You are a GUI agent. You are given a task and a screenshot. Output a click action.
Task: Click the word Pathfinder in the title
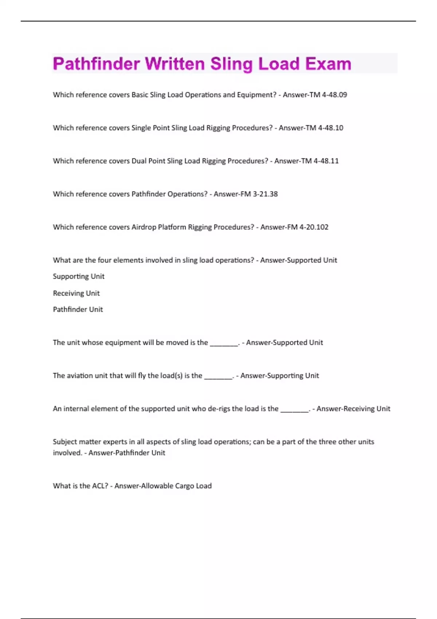[x=97, y=64]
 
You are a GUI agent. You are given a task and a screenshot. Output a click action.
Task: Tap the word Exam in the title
[x=328, y=64]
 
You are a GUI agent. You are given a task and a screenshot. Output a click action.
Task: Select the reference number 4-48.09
[x=334, y=95]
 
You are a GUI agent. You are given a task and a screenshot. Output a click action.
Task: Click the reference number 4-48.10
[x=331, y=128]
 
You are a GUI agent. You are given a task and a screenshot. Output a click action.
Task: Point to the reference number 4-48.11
[x=326, y=161]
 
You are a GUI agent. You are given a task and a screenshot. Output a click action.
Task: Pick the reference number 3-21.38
[x=265, y=194]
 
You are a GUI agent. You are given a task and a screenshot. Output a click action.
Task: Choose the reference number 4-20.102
[x=314, y=227]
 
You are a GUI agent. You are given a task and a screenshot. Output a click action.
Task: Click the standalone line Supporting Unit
[x=79, y=276]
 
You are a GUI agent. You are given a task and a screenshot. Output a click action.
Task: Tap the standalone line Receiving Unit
[x=76, y=293]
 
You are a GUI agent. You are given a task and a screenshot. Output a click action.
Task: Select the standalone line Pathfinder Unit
[x=78, y=309]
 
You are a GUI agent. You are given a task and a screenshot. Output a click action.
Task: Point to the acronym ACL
[x=100, y=486]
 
